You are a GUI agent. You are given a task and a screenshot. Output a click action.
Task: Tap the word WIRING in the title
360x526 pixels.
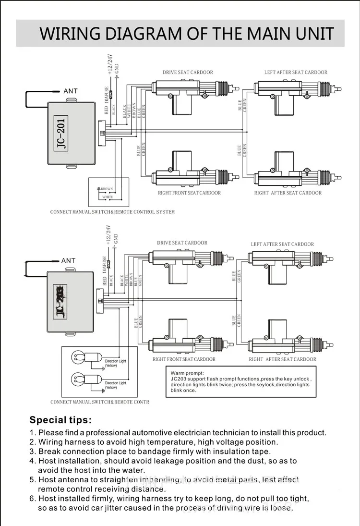(x=70, y=34)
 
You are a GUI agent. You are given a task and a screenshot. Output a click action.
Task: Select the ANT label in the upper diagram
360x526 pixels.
(x=70, y=91)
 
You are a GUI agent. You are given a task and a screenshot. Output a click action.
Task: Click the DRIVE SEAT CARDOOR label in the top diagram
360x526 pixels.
(x=188, y=73)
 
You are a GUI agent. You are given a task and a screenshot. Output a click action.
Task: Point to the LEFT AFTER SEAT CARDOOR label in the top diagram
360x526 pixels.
(x=296, y=73)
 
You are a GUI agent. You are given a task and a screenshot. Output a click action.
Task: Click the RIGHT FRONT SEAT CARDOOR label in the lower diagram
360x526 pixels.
(x=184, y=359)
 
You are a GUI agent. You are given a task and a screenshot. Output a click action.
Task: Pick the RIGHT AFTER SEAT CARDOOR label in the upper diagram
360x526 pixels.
(x=288, y=193)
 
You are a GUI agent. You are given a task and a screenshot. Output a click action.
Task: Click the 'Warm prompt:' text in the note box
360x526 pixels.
(x=187, y=373)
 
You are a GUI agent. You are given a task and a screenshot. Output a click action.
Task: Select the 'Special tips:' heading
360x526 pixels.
(x=60, y=420)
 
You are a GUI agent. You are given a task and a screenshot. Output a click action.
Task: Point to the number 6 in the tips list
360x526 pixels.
(x=33, y=499)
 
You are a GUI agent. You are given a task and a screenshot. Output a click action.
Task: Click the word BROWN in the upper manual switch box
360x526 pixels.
(x=107, y=189)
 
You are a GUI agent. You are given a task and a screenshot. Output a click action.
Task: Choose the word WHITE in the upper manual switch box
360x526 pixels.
(x=108, y=197)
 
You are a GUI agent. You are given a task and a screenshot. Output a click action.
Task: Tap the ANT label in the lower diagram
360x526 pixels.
(x=68, y=261)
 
